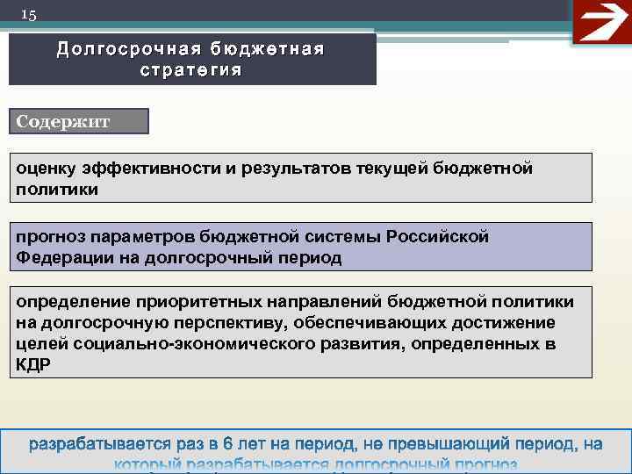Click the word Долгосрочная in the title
(118, 50)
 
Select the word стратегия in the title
(190, 69)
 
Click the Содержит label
(63, 121)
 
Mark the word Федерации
(58, 258)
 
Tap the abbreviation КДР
(33, 365)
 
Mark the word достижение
(507, 324)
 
